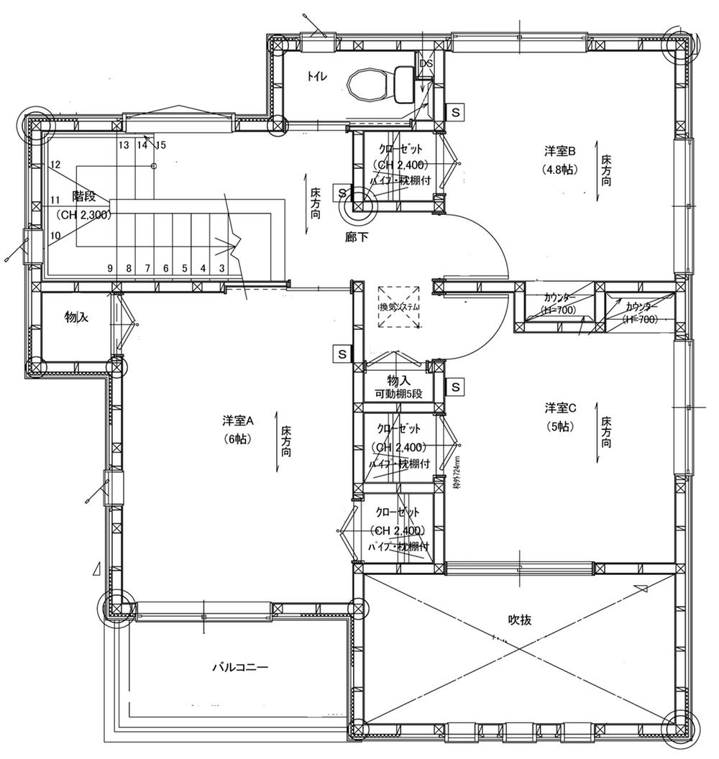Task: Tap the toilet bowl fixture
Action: point(370,85)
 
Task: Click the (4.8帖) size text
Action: point(561,170)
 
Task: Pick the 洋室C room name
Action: point(561,408)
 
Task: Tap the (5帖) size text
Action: point(561,426)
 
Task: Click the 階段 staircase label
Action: point(85,195)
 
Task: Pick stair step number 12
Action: point(55,165)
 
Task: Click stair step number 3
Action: point(222,268)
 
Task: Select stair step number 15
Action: point(160,145)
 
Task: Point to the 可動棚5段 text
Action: point(398,394)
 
